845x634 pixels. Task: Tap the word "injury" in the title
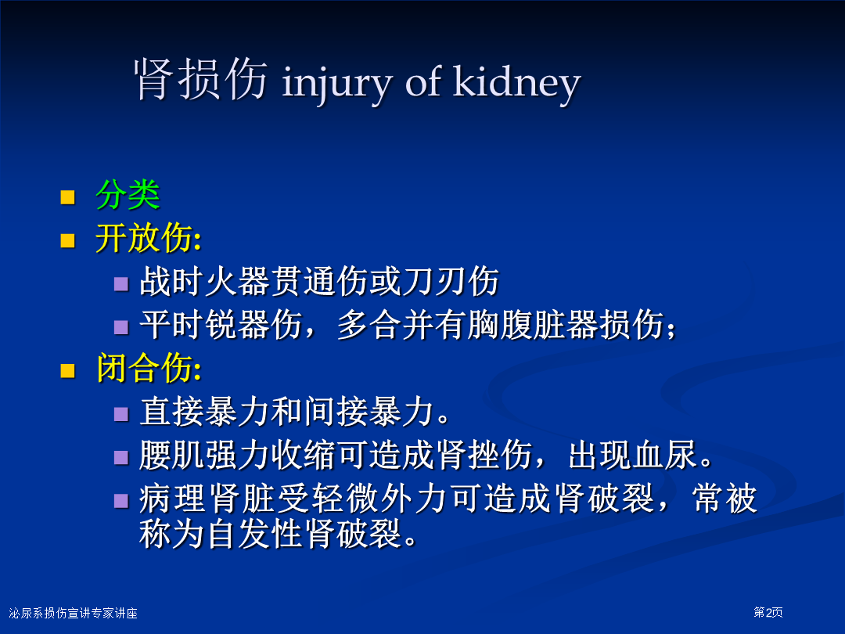click(336, 85)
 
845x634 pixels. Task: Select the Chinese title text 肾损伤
click(200, 79)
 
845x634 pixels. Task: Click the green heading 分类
click(128, 195)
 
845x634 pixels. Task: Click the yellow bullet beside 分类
click(67, 196)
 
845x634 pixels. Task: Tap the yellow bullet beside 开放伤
click(67, 240)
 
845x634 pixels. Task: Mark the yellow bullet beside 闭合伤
click(67, 371)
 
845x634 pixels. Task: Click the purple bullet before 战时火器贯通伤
click(121, 284)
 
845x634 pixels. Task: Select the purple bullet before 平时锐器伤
click(121, 327)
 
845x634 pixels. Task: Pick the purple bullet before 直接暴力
click(121, 414)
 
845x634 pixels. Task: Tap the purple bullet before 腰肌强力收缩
click(121, 458)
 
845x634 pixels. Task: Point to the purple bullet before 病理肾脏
click(121, 502)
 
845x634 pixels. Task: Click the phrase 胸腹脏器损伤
click(565, 325)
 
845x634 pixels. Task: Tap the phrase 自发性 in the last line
click(253, 534)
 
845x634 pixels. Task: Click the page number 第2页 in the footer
click(768, 612)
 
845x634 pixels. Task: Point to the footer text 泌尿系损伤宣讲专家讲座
click(74, 613)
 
